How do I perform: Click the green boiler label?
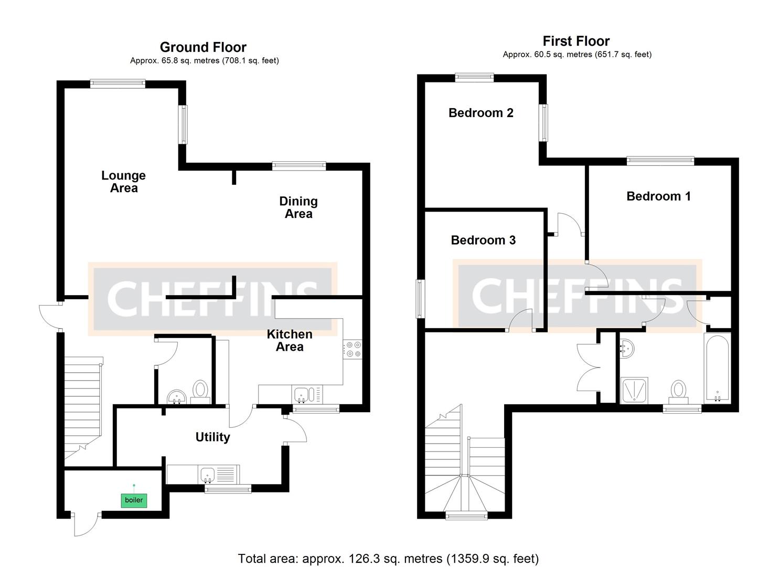point(134,500)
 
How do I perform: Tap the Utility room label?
point(212,437)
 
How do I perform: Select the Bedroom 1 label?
point(658,196)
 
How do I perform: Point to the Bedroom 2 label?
point(481,113)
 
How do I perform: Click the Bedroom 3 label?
point(483,240)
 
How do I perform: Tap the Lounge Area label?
point(123,182)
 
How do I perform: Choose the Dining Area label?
point(298,207)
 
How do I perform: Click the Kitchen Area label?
point(289,340)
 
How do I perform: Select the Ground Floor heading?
point(203,47)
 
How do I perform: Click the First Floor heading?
point(576,41)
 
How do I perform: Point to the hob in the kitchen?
point(352,350)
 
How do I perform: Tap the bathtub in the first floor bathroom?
point(717,367)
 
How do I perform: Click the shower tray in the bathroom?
point(634,391)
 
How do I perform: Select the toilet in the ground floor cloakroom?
point(200,391)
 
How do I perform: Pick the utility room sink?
point(208,475)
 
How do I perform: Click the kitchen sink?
point(302,395)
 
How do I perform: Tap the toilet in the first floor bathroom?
point(678,392)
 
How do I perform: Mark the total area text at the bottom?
point(388,559)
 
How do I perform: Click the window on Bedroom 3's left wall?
point(420,299)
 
